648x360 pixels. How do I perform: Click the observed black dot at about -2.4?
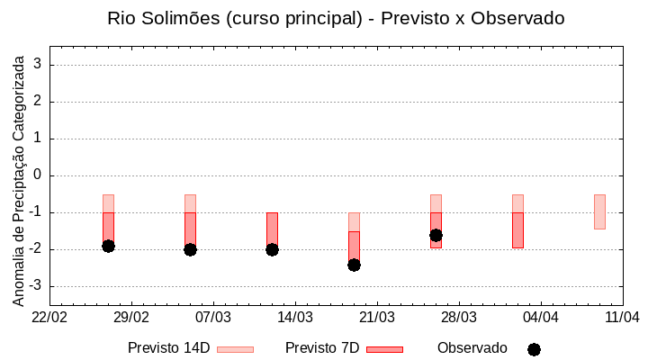pos(354,265)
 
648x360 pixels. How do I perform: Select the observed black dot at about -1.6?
pos(436,235)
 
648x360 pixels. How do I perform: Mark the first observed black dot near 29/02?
pos(108,246)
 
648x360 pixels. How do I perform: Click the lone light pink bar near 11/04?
pos(599,211)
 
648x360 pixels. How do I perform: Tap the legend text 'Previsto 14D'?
pos(168,348)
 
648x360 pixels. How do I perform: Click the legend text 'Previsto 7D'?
pos(322,348)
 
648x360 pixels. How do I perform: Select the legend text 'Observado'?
pos(472,348)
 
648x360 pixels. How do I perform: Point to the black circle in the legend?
pos(534,349)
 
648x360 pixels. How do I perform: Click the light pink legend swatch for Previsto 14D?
pos(235,349)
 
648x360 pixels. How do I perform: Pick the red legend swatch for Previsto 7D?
pos(384,349)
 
